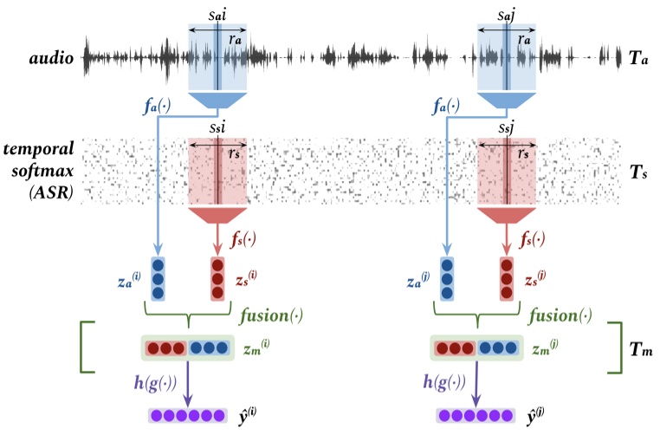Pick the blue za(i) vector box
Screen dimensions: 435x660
pos(158,278)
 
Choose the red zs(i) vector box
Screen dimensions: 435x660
pos(217,278)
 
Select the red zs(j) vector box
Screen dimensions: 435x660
pos(506,278)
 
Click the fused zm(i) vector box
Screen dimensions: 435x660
pos(187,348)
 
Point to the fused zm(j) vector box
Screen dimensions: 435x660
pos(476,348)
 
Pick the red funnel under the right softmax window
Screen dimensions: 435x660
pos(506,215)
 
